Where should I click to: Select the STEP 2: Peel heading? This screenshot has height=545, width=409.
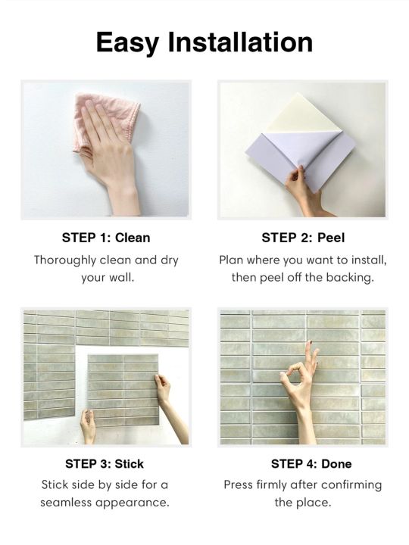tap(303, 237)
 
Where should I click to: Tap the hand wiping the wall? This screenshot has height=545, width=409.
tap(112, 144)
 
